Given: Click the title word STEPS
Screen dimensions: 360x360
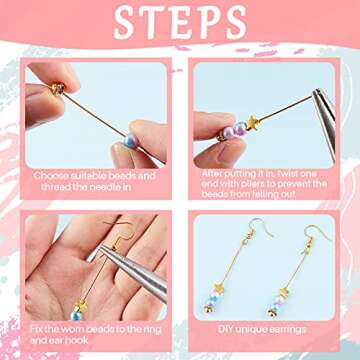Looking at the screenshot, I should point(180,22).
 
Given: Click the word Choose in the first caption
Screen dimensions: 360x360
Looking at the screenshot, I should point(52,176).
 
